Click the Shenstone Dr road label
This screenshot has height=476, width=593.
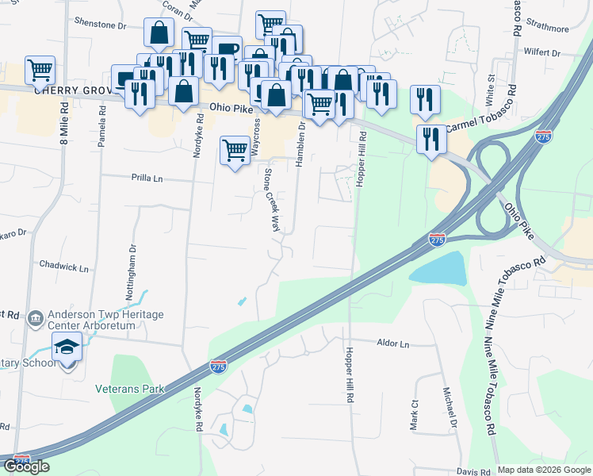pyautogui.click(x=101, y=25)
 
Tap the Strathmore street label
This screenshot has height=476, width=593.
pyautogui.click(x=548, y=29)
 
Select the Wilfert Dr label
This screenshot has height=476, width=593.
pyautogui.click(x=541, y=53)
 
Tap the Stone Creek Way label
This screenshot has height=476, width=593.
pyautogui.click(x=272, y=199)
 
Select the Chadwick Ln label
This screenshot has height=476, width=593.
pyautogui.click(x=63, y=268)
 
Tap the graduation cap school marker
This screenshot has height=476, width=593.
pyautogui.click(x=67, y=346)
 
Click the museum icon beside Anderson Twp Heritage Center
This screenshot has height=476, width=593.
pyautogui.click(x=36, y=320)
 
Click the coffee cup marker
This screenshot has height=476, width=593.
pyautogui.click(x=226, y=49)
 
